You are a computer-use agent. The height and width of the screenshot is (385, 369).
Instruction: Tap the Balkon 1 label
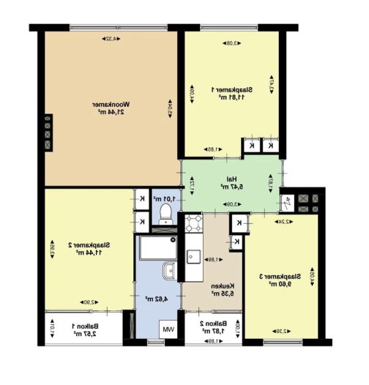(x=86, y=331)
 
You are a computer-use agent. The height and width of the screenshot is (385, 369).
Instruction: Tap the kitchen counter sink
(x=194, y=256)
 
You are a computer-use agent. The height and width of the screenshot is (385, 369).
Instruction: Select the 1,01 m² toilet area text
(x=162, y=198)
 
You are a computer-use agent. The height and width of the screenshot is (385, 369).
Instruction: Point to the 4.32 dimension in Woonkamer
(x=111, y=37)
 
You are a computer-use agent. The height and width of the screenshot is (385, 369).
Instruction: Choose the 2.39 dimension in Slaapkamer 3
(x=283, y=330)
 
